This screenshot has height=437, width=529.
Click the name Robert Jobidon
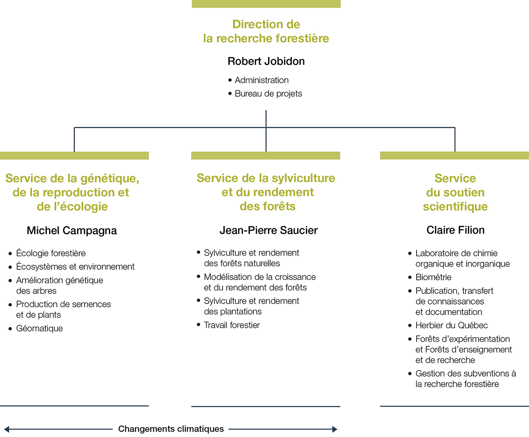tap(266, 61)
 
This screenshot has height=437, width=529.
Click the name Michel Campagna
tap(72, 231)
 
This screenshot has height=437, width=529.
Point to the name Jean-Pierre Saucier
tap(268, 231)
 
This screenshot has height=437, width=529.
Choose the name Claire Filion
tap(455, 230)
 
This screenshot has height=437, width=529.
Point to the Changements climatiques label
tap(171, 429)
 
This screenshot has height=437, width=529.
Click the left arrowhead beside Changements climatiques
tap(7, 429)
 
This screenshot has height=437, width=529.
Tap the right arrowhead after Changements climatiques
tap(335, 429)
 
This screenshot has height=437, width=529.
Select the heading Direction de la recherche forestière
tap(266, 31)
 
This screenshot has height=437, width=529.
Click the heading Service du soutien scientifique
tap(455, 192)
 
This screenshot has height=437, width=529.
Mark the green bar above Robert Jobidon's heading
tap(266, 4)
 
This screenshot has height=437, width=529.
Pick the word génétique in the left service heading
tap(110, 179)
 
